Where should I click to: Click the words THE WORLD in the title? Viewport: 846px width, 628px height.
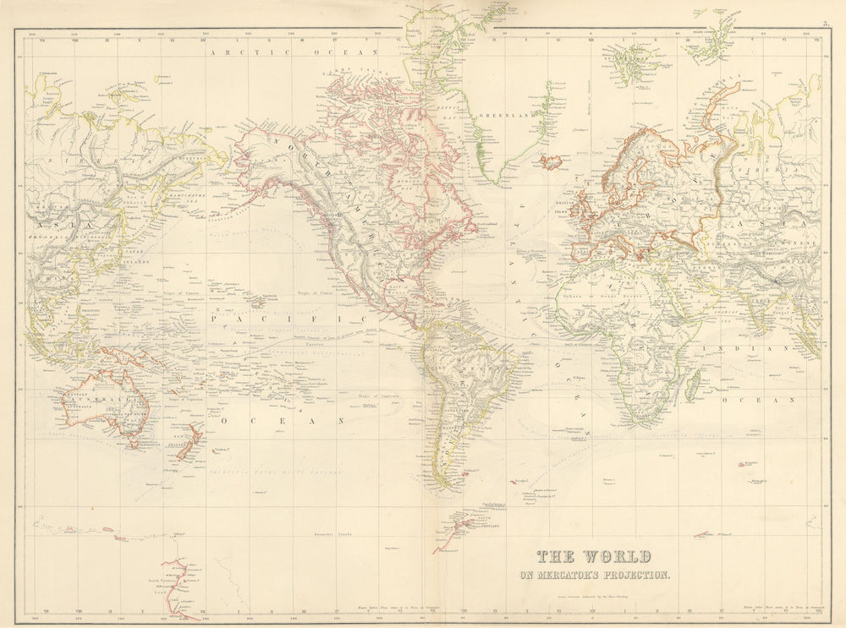click(593, 558)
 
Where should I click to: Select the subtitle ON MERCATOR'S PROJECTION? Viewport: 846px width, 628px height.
click(594, 576)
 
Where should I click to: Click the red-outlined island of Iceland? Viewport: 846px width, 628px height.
click(551, 160)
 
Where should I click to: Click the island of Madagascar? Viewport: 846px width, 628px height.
click(690, 387)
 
